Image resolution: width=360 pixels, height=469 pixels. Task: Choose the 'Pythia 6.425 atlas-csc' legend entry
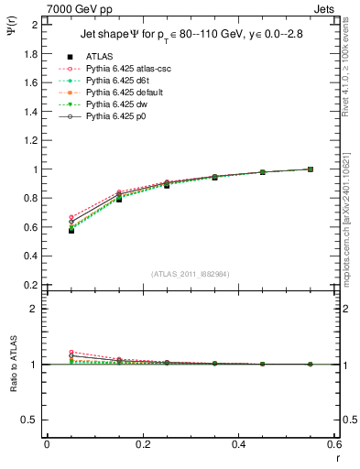click(x=126, y=69)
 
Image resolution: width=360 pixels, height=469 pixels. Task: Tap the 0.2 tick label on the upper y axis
click(x=30, y=285)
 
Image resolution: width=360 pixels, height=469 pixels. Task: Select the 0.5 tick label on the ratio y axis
click(x=30, y=420)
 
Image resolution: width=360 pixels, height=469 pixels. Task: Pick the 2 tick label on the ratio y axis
click(x=35, y=309)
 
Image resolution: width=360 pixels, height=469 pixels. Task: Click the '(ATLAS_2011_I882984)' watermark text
click(x=191, y=275)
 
